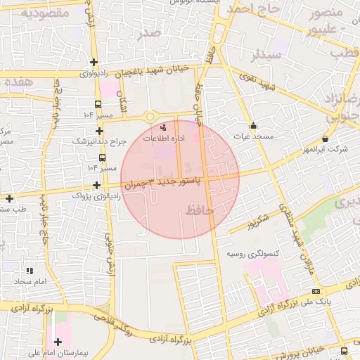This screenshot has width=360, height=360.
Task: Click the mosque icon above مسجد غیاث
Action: [x=254, y=125]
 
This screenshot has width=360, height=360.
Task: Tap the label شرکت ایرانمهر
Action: [x=325, y=150]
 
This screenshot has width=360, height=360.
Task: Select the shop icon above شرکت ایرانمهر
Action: [x=325, y=139]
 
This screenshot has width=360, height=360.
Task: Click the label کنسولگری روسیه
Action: [x=254, y=252]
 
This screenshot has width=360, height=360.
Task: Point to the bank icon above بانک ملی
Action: [x=316, y=291]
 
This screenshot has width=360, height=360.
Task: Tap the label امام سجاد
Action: [x=28, y=281]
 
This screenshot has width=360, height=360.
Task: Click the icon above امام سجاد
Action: [x=29, y=271]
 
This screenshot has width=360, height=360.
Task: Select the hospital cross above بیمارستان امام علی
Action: [x=58, y=342]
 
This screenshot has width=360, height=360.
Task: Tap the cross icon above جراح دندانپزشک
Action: [x=100, y=131]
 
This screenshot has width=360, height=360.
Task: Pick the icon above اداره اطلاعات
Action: [x=164, y=128]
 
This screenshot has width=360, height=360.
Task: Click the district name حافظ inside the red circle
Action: [x=200, y=209]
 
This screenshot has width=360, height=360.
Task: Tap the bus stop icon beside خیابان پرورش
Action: [x=343, y=349]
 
